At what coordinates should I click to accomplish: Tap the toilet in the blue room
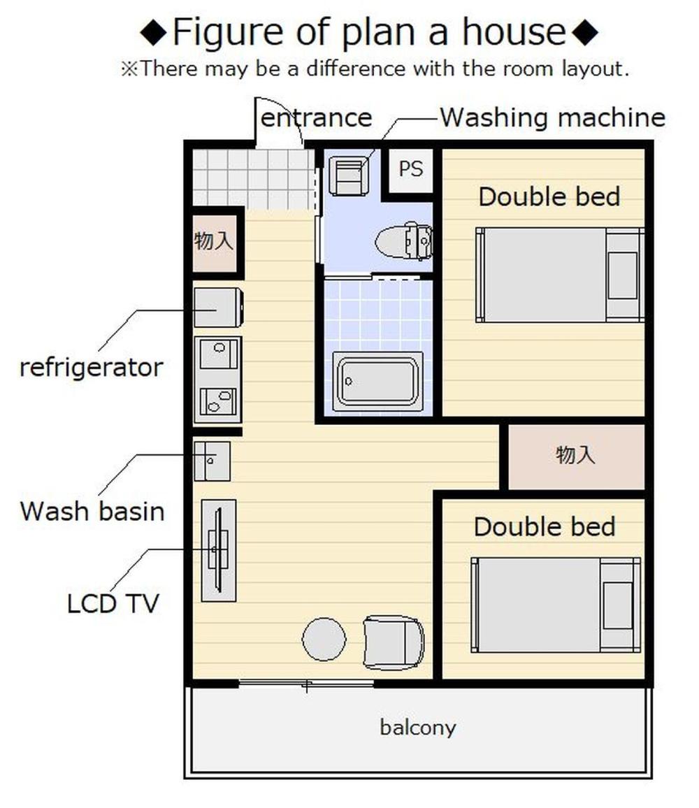(403, 241)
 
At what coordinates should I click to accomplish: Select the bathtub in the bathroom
(378, 382)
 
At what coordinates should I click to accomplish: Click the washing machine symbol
(349, 176)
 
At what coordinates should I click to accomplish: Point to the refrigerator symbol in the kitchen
(219, 307)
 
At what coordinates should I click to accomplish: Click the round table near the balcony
(324, 639)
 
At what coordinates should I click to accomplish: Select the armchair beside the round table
(394, 642)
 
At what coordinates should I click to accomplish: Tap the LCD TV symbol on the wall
(219, 550)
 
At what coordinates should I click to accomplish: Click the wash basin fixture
(212, 461)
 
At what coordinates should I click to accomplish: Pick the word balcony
(418, 728)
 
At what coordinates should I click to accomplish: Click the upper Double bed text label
(549, 197)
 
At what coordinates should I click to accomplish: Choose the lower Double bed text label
(545, 526)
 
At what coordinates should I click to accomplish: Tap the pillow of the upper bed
(623, 275)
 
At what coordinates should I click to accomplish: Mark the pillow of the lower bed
(618, 605)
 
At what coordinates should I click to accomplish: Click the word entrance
(317, 118)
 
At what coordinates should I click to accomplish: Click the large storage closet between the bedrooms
(576, 456)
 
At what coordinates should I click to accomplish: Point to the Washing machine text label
(553, 117)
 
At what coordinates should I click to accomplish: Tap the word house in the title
(514, 31)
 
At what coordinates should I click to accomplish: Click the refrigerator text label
(92, 368)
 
